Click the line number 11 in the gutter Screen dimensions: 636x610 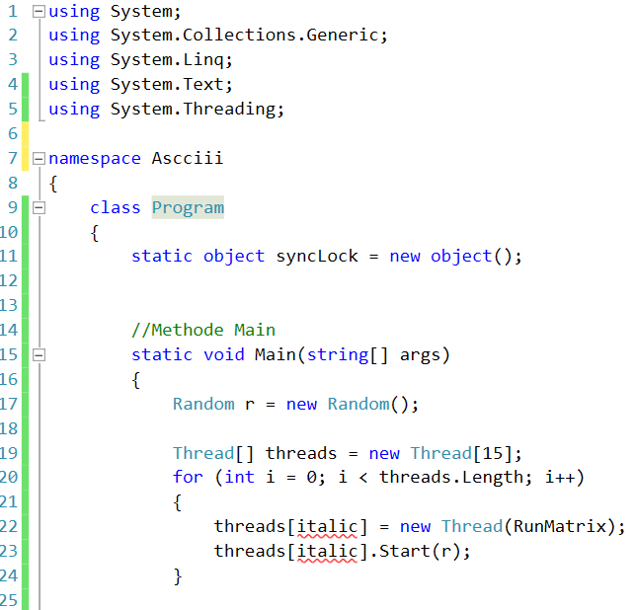[11, 257]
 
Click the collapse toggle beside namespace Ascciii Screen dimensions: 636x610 [39, 158]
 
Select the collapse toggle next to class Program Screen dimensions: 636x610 [39, 207]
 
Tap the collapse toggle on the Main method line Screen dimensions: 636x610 [39, 355]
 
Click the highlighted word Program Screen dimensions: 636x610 [188, 207]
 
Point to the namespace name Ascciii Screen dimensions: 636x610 [188, 158]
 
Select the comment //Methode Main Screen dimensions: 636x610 [203, 331]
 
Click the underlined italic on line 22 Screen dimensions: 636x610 [327, 527]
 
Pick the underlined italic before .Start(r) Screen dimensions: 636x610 [327, 552]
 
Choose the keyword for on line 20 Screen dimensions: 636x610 [188, 478]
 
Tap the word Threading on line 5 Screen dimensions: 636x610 [229, 109]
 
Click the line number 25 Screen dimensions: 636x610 [11, 600]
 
